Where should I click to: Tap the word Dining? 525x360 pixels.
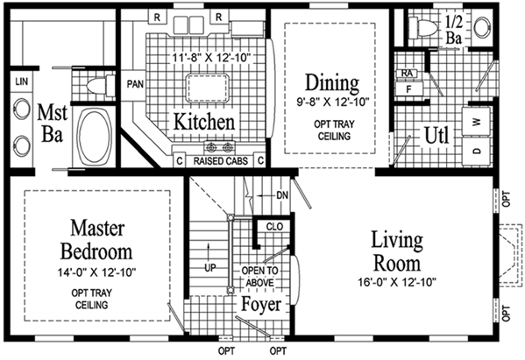point(331,83)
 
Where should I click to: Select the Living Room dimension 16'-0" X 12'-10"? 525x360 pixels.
point(396,281)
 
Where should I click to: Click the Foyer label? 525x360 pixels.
point(261,306)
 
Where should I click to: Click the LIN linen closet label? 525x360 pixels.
point(20,81)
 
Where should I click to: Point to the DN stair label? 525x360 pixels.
point(281,194)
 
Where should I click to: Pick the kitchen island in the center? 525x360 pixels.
point(207,88)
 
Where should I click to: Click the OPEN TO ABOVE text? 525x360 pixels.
point(260,276)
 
